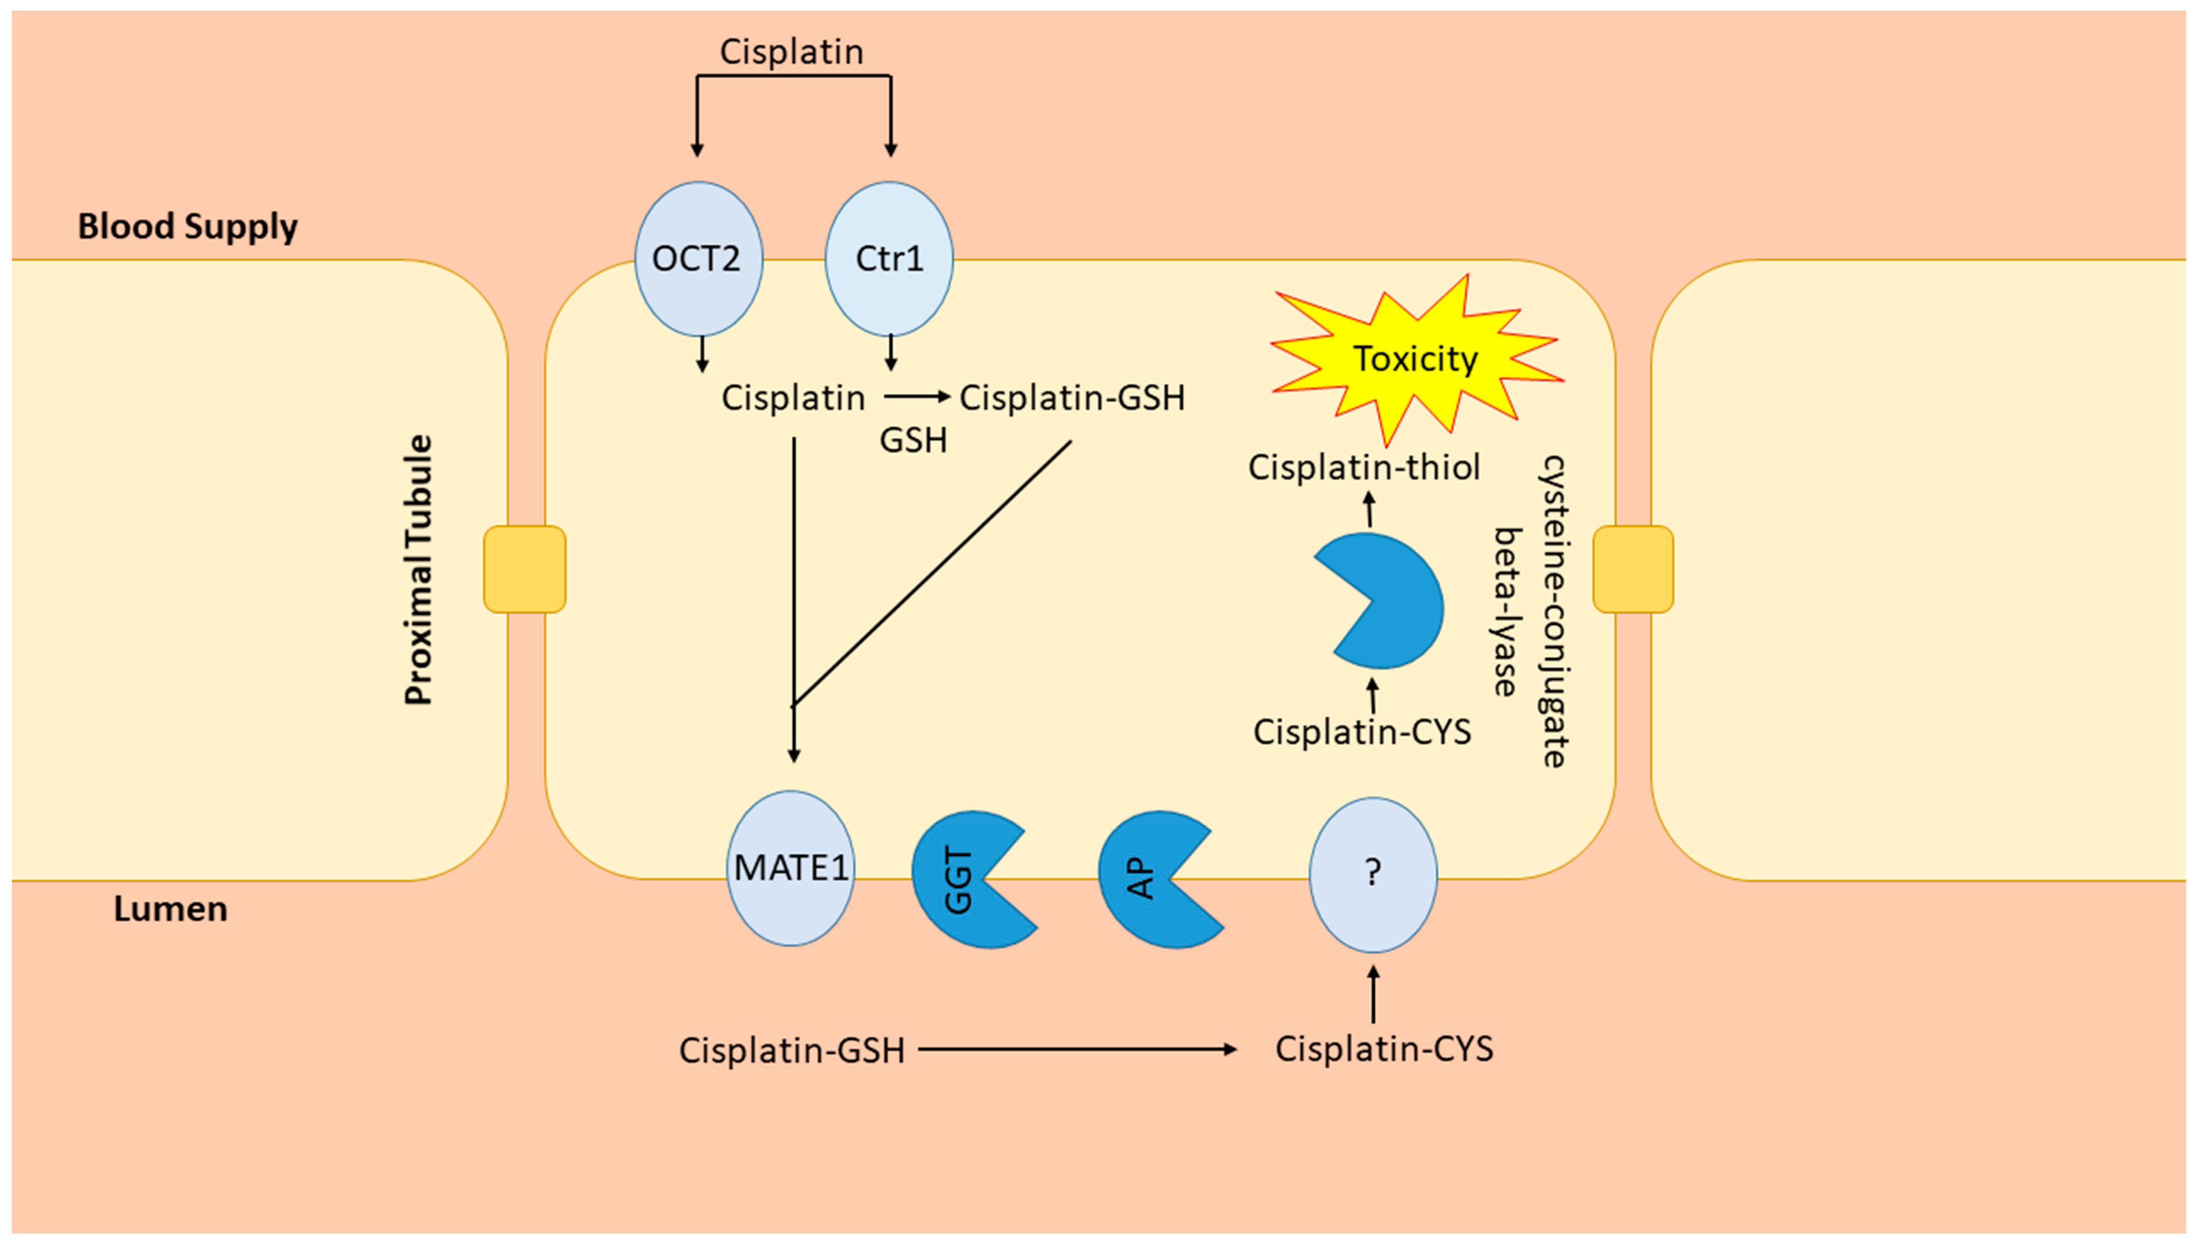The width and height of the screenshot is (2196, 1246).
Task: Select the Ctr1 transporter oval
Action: click(888, 258)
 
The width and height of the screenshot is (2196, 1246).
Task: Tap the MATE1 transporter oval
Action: click(791, 868)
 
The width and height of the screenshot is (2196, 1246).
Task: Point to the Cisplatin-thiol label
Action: click(1363, 467)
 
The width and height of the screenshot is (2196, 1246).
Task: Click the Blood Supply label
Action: click(187, 227)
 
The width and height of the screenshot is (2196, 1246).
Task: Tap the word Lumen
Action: click(170, 909)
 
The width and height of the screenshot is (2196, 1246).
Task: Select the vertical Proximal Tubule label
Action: click(419, 570)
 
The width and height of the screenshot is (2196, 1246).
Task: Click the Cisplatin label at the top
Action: click(791, 51)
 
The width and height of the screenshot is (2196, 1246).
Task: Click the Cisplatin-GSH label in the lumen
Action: click(791, 1050)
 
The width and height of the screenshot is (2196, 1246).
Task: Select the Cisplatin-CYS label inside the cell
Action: click(1362, 732)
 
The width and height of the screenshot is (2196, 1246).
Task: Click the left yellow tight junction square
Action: click(525, 569)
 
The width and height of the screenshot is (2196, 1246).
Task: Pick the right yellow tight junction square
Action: click(1632, 569)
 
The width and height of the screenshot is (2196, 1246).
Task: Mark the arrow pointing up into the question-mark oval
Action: click(1373, 995)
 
